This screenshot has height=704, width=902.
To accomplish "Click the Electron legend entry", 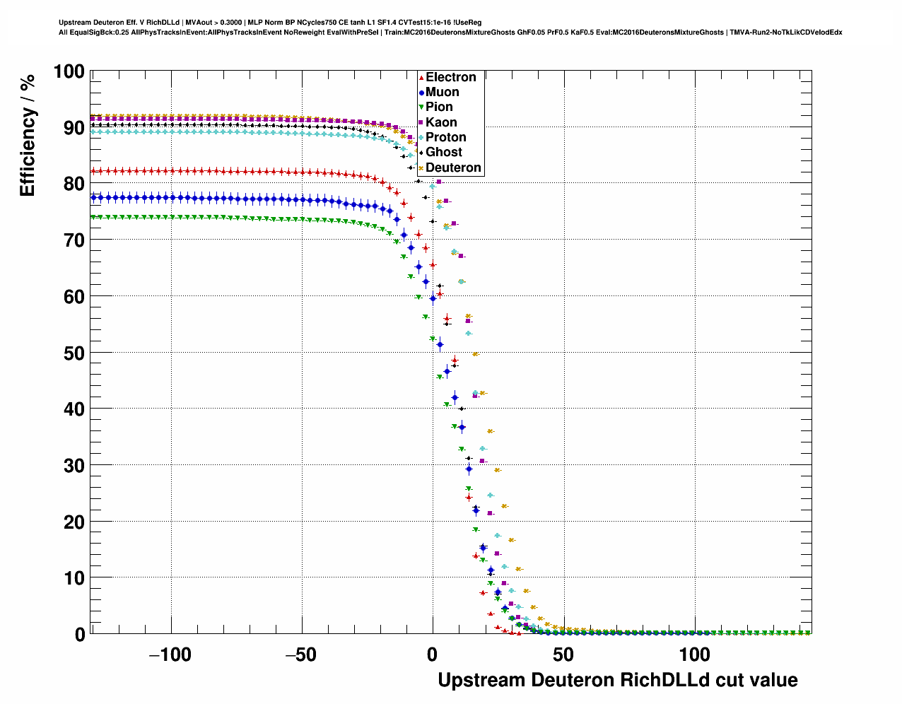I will [450, 77].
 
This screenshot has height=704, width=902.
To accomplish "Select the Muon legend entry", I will [442, 92].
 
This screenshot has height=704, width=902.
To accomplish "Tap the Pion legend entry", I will [439, 107].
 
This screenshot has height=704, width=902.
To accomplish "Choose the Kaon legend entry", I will [441, 122].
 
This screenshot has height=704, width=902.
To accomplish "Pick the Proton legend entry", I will [445, 137].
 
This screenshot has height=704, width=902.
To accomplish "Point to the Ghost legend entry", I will [443, 152].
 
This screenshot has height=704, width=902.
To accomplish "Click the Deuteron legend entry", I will [453, 168].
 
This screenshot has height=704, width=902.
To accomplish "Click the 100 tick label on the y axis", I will [69, 71].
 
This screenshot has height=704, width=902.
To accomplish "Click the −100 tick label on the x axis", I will [170, 655].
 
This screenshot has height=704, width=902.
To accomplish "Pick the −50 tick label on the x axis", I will [301, 655].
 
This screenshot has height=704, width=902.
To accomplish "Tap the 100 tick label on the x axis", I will [695, 655].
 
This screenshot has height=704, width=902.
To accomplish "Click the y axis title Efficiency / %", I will [28, 135].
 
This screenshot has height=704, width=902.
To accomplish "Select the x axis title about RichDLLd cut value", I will [618, 680].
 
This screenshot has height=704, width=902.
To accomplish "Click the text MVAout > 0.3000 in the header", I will [210, 23].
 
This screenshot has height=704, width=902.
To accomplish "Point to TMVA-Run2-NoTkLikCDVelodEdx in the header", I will [785, 32].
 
